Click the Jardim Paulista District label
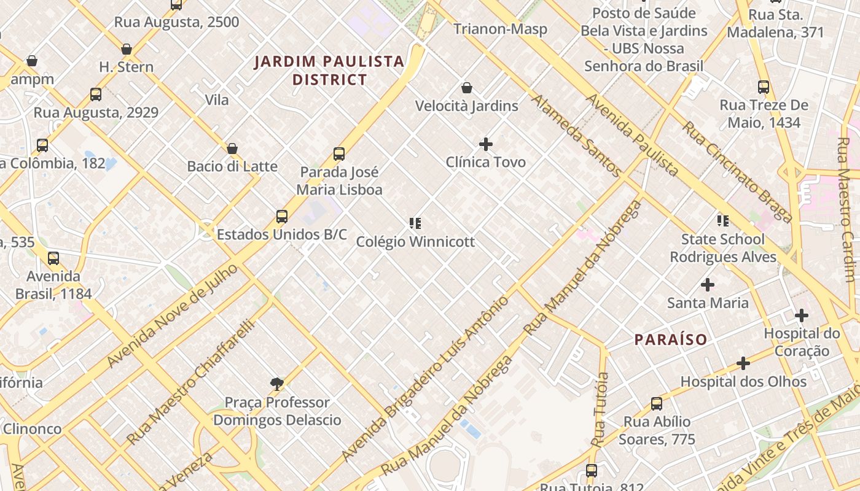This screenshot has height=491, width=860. coord(329,70)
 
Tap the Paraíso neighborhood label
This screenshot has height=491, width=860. coord(671,339)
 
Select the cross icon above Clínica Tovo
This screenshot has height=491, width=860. coord(486,144)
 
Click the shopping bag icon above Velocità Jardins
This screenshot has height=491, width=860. coord(467,88)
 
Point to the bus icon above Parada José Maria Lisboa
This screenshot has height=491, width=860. coord(339,154)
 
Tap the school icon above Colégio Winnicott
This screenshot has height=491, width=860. coord(415,223)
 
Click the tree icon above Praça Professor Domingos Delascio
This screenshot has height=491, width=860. coord(277,384)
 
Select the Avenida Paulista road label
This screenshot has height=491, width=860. coord(633,135)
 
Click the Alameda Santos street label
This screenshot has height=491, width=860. coord(576,136)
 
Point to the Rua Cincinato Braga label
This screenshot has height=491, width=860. coord(737,172)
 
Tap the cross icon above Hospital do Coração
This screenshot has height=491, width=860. coord(802,316)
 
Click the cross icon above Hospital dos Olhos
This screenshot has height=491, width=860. coord(743,364)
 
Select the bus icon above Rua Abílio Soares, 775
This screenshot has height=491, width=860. coord(657,404)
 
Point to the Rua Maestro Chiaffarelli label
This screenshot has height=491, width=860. coord(190,382)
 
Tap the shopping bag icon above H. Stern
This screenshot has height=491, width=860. coord(127,49)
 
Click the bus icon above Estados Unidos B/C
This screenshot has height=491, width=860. coord(282,217)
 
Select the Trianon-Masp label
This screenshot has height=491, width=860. coord(500,29)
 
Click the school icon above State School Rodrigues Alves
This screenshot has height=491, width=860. coord(723,221)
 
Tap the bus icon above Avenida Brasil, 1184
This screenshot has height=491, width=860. coord(53,258)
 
